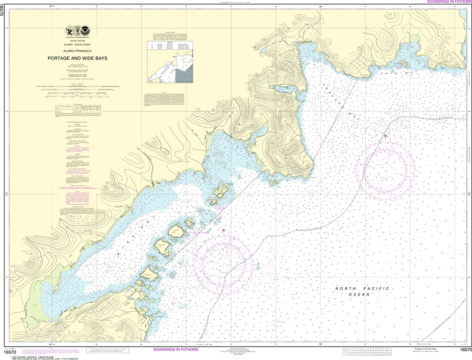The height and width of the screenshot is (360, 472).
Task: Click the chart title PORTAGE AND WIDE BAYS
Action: point(77,59)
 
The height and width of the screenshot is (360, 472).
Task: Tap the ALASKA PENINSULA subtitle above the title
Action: point(77,51)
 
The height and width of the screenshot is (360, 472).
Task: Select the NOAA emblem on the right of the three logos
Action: point(88,31)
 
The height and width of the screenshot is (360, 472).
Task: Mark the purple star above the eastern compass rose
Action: point(385,136)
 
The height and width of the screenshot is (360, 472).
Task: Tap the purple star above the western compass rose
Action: point(224,230)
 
